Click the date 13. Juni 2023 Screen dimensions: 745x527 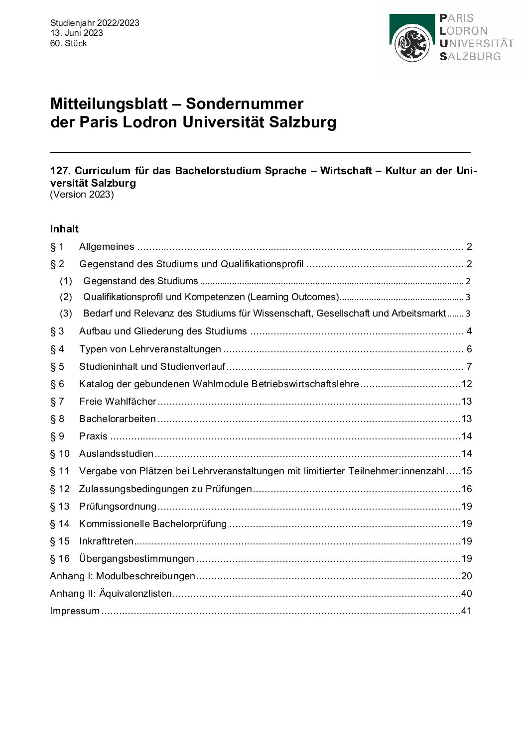click(x=76, y=33)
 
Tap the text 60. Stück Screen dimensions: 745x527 click(x=68, y=43)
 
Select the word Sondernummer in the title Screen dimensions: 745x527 click(x=245, y=104)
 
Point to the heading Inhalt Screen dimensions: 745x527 click(x=64, y=229)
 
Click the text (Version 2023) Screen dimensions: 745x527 click(x=82, y=195)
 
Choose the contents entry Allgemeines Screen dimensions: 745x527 click(x=107, y=246)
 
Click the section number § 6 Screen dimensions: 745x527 click(x=57, y=384)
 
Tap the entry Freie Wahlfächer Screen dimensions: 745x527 click(x=118, y=401)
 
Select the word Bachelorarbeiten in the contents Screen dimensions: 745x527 click(x=117, y=419)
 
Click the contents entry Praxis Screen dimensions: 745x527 click(x=93, y=436)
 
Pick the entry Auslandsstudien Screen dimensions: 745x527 click(x=116, y=453)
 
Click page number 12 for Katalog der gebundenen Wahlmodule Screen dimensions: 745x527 click(x=466, y=384)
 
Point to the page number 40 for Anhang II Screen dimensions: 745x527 click(x=466, y=593)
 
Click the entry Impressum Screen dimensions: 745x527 click(x=75, y=611)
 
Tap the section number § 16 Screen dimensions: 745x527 click(x=60, y=558)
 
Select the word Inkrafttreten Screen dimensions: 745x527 click(x=106, y=541)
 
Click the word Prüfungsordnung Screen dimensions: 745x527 click(x=118, y=506)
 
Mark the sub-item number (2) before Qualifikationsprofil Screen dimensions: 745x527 click(x=66, y=297)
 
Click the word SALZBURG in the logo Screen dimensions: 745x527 click(x=470, y=56)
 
